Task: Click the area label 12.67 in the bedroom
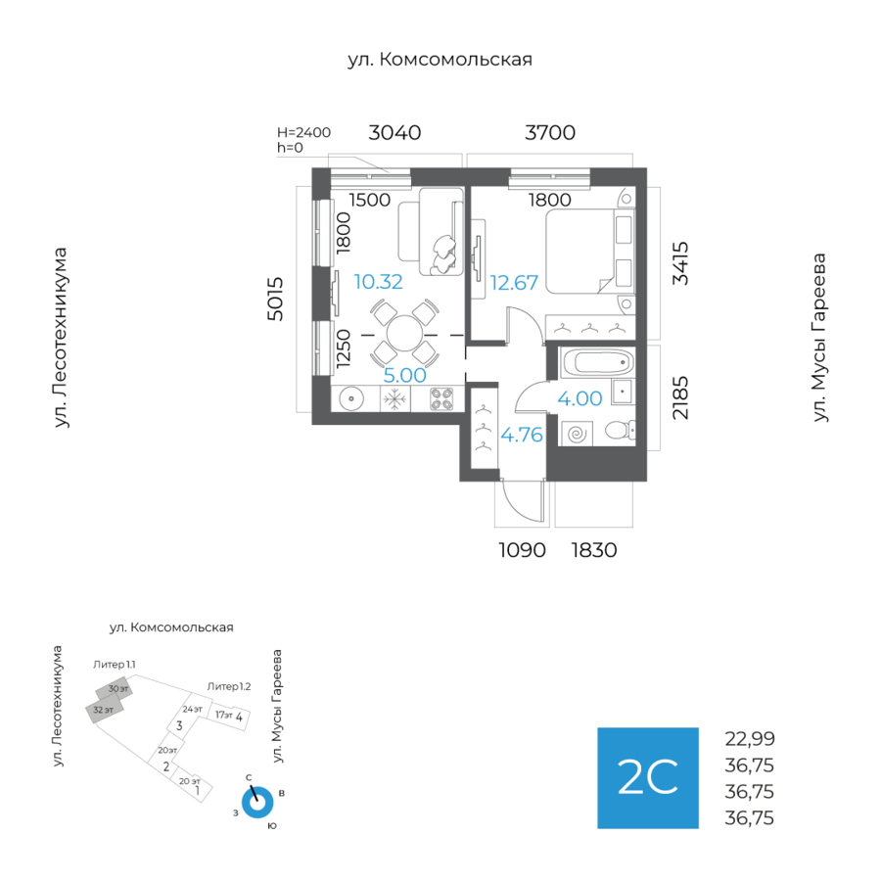[x=514, y=283]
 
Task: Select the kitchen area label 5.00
[x=404, y=374]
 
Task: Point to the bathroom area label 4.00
[x=580, y=398]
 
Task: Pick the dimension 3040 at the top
[x=394, y=133]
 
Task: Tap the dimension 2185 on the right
[x=680, y=397]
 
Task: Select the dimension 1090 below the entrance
[x=521, y=550]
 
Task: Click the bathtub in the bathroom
[x=595, y=364]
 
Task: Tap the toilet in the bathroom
[x=619, y=430]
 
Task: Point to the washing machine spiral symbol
[x=576, y=431]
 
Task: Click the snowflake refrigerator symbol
[x=394, y=399]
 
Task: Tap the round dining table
[x=404, y=333]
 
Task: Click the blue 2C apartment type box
[x=648, y=778]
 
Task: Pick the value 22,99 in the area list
[x=750, y=740]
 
